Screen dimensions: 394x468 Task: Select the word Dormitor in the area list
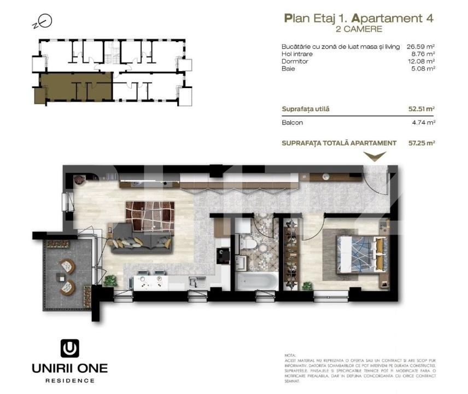295,61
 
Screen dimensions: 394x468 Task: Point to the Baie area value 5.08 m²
423,69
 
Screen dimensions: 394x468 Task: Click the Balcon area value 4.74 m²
423,123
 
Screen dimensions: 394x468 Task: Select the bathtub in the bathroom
255,283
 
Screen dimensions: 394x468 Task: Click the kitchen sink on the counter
194,281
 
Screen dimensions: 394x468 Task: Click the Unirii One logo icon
69,349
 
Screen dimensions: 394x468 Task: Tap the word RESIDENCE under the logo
69,380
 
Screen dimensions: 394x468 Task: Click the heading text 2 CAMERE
359,28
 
